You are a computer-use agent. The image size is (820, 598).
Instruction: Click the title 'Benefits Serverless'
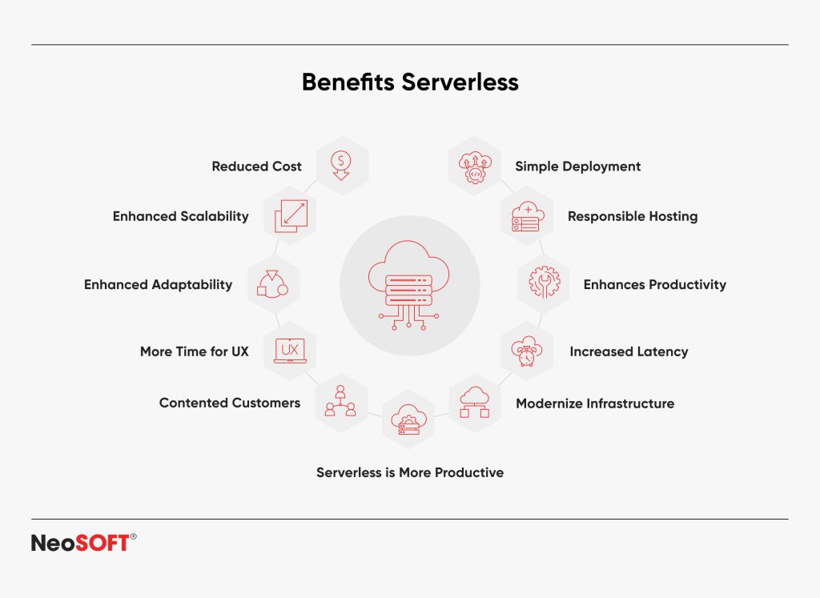410,82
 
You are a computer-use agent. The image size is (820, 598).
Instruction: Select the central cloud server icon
409,285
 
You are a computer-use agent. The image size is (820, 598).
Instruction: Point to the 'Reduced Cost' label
256,167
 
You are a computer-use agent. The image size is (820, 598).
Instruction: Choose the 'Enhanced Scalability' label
180,216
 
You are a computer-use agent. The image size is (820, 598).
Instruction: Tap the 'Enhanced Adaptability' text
158,285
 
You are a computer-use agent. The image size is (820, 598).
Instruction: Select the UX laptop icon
290,351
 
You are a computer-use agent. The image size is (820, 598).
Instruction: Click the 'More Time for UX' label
194,351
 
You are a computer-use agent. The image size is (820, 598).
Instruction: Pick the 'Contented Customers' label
229,403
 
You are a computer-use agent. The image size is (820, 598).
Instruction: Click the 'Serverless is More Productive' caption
410,472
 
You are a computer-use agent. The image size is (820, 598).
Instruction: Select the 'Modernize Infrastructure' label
594,403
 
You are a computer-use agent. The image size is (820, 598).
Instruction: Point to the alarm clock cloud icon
527,351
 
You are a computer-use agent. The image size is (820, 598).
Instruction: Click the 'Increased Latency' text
629,351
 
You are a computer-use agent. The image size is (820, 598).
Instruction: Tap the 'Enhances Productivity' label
654,285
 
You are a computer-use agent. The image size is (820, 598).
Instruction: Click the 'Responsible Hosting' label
632,216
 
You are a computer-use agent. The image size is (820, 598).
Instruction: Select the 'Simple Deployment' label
577,167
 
